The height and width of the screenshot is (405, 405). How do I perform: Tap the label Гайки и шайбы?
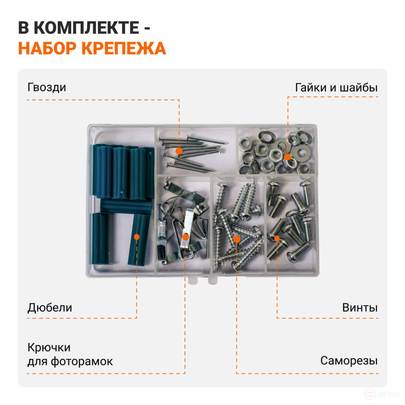pos(337,88)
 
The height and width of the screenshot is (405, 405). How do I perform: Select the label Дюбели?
pos(50,308)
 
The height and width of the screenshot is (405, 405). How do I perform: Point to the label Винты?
pos(360,307)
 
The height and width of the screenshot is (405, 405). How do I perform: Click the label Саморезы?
pos(349,361)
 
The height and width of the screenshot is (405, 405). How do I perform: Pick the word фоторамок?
pos(82,361)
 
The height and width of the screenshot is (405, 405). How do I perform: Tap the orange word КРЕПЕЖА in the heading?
pos(124,48)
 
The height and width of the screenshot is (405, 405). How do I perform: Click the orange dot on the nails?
pos(179,151)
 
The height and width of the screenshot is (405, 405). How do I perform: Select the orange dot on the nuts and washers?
pos(288,157)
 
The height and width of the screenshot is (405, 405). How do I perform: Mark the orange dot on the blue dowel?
pos(137,237)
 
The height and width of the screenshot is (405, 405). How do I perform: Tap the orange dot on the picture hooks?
pos(185,237)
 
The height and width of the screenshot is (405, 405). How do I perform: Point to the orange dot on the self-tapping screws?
pos(237,239)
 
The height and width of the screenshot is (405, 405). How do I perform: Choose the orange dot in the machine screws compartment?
pos(277,239)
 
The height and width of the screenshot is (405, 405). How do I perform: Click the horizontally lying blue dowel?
pos(126,207)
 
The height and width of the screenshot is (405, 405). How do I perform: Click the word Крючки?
pos(49,348)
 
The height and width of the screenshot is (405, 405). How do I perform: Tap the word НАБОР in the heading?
pos(48,48)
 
